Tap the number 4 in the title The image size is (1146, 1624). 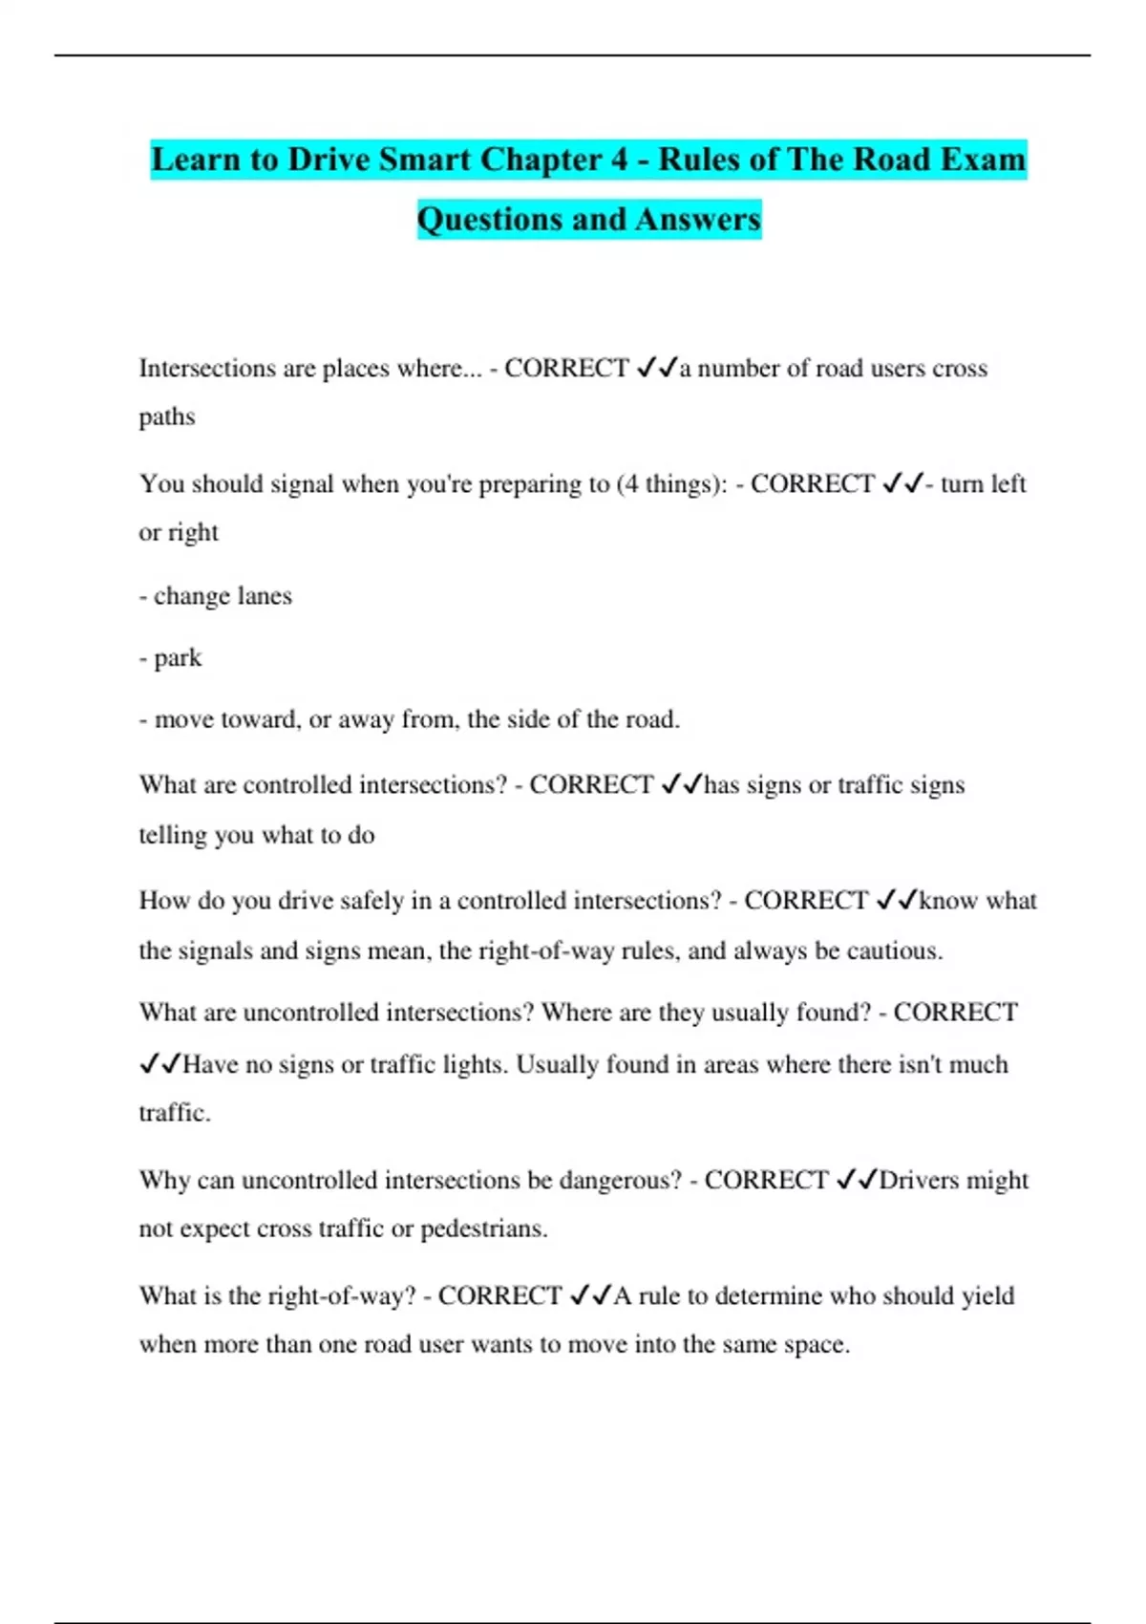pos(620,160)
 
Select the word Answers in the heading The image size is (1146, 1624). pos(697,220)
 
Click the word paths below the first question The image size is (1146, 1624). pos(167,417)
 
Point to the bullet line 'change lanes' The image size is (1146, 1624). pos(216,596)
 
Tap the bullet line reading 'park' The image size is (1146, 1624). pos(171,658)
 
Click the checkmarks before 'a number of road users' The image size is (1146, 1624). pos(656,368)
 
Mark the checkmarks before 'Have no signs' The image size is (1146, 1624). pos(159,1064)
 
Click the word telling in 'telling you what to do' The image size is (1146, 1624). pos(173,836)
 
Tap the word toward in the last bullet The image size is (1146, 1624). pos(258,719)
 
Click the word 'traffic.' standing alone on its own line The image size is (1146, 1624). pos(175,1113)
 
